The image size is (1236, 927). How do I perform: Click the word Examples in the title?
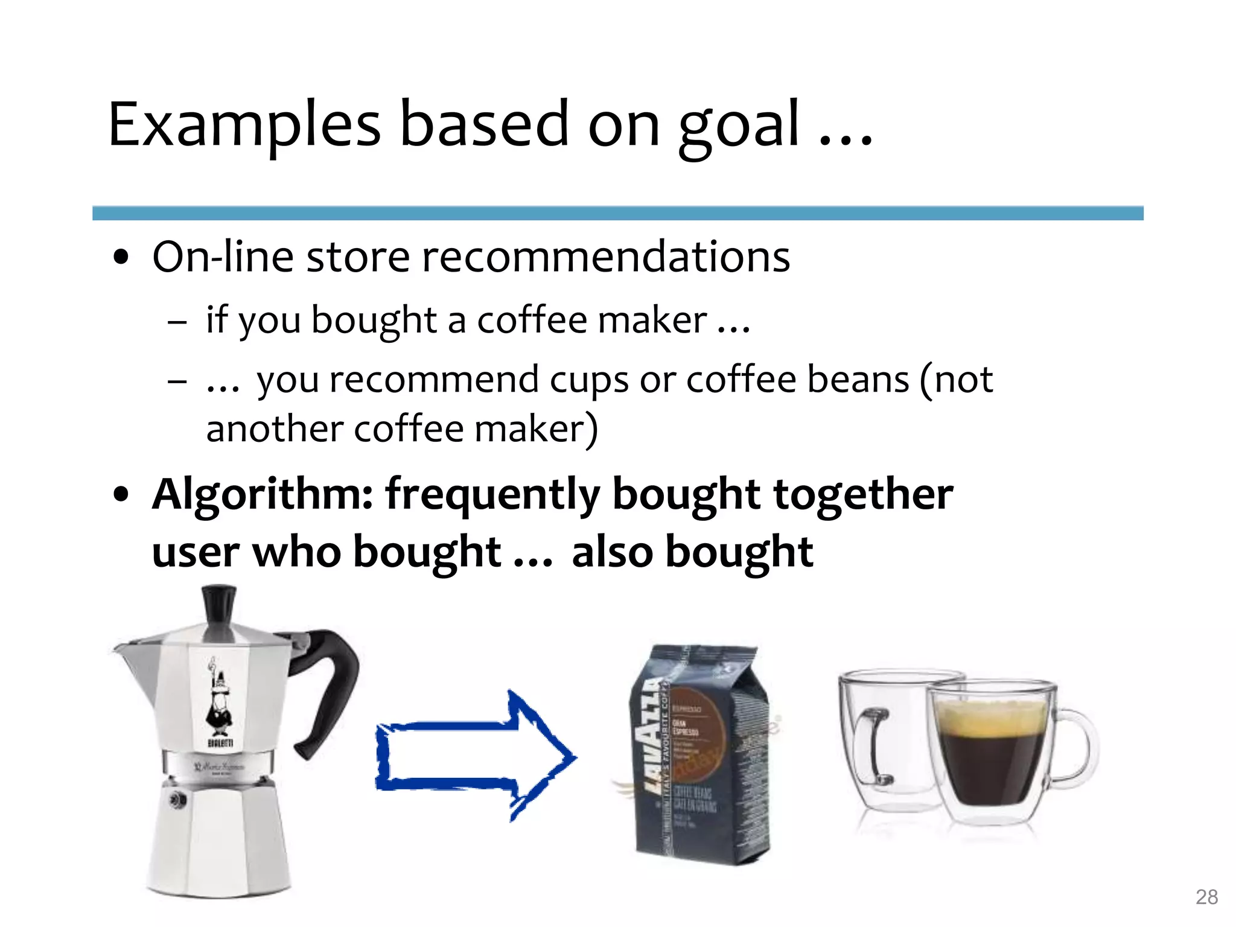pyautogui.click(x=244, y=125)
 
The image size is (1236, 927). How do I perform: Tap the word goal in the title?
pyautogui.click(x=739, y=127)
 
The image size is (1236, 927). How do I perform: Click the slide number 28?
pyautogui.click(x=1206, y=897)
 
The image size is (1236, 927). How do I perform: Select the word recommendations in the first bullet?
pyautogui.click(x=605, y=257)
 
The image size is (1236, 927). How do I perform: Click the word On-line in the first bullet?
pyautogui.click(x=223, y=257)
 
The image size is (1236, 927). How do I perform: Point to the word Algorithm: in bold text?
pyautogui.click(x=263, y=495)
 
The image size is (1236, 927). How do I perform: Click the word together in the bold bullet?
pyautogui.click(x=863, y=495)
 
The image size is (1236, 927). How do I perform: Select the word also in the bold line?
pyautogui.click(x=612, y=552)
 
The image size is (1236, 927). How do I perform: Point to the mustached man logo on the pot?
pyautogui.click(x=218, y=700)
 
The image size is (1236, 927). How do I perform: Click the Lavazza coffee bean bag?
pyautogui.click(x=700, y=754)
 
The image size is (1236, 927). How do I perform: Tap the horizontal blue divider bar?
pyautogui.click(x=617, y=213)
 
